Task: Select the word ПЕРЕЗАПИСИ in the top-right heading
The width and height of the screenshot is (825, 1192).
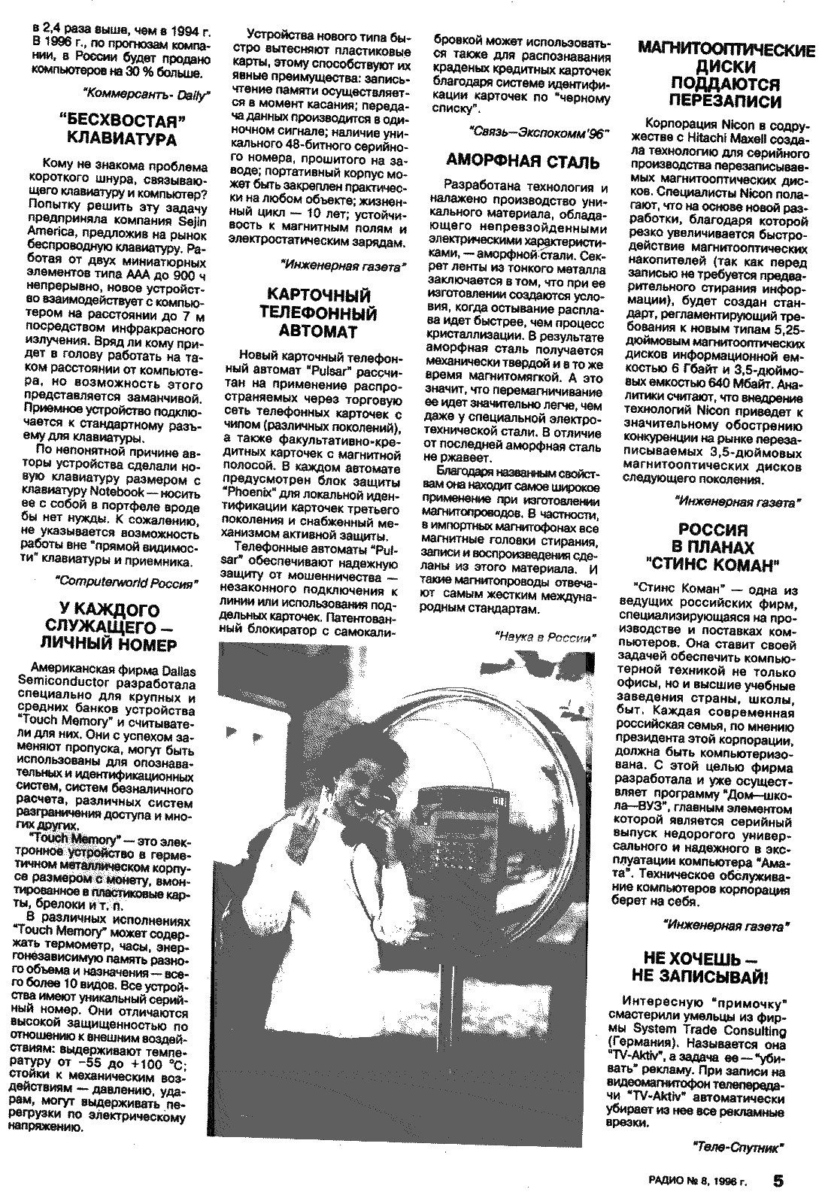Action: click(x=726, y=101)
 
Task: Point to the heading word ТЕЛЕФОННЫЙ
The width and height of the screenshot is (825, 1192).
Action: click(x=322, y=313)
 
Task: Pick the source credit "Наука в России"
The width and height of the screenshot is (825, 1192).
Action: click(x=545, y=637)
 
